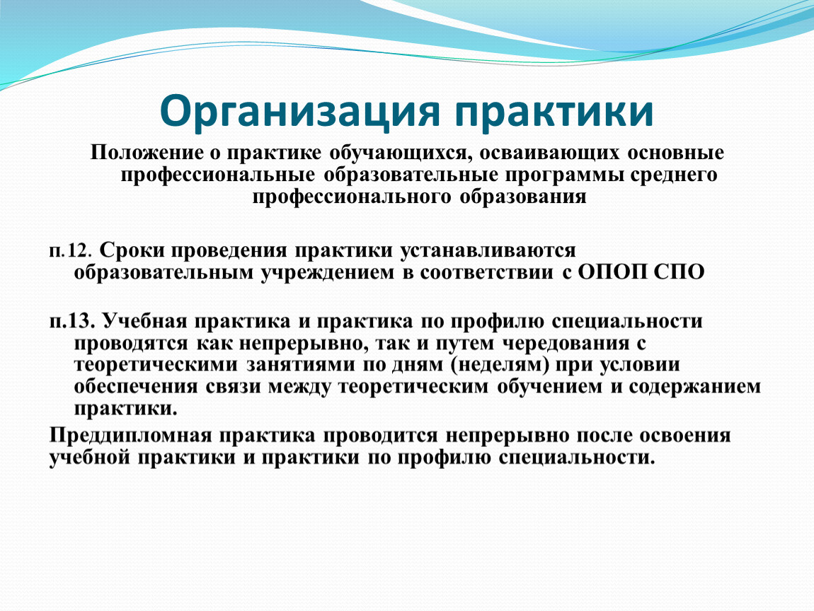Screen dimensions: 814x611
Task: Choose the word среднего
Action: (x=674, y=175)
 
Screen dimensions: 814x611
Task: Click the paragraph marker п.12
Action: (x=71, y=251)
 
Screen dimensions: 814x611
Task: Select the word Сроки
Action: (x=132, y=250)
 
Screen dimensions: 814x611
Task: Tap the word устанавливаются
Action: (x=488, y=250)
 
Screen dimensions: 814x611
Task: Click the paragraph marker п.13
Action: (x=72, y=321)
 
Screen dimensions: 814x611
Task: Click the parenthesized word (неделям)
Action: (x=500, y=365)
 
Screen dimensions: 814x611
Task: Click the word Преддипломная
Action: (x=131, y=435)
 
